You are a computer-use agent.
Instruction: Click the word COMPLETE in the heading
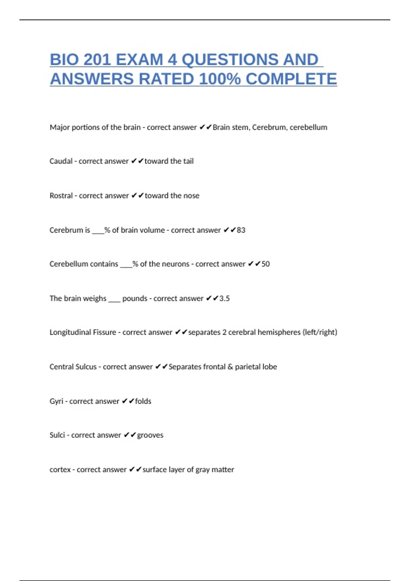click(x=291, y=79)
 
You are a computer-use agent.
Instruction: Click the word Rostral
click(x=61, y=195)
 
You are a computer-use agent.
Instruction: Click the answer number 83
click(x=241, y=230)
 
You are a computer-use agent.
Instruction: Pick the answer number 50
click(x=265, y=264)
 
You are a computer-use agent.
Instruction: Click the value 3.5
click(x=224, y=298)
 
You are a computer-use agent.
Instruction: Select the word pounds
click(x=135, y=298)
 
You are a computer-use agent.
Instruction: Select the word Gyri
click(x=56, y=401)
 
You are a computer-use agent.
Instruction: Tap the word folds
click(x=143, y=401)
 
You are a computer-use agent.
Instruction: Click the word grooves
click(x=150, y=435)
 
